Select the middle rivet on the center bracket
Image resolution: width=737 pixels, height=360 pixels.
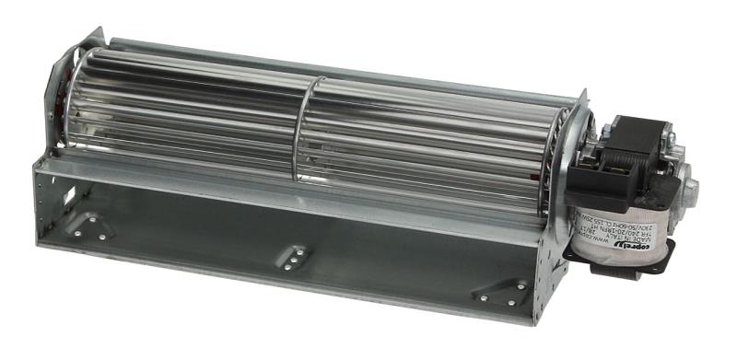tap(294, 257)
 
